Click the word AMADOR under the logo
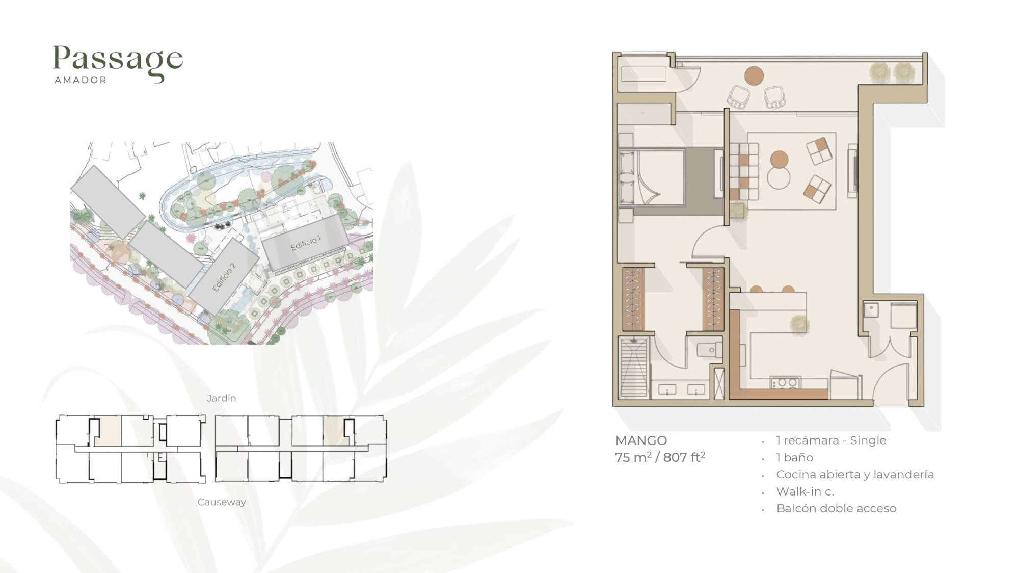tap(81, 80)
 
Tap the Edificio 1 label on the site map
tap(306, 243)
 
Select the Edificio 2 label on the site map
tap(224, 277)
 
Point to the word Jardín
tap(222, 398)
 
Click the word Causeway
tap(222, 502)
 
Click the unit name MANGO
tap(641, 440)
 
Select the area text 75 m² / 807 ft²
tap(660, 457)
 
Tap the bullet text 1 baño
tap(795, 457)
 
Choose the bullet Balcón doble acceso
tap(836, 508)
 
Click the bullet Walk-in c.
tap(805, 491)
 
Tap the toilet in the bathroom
tap(709, 350)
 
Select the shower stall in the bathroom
tap(634, 367)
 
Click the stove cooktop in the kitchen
tap(785, 383)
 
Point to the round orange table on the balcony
tap(754, 76)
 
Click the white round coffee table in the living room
tap(779, 178)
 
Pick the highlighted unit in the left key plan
tap(108, 431)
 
